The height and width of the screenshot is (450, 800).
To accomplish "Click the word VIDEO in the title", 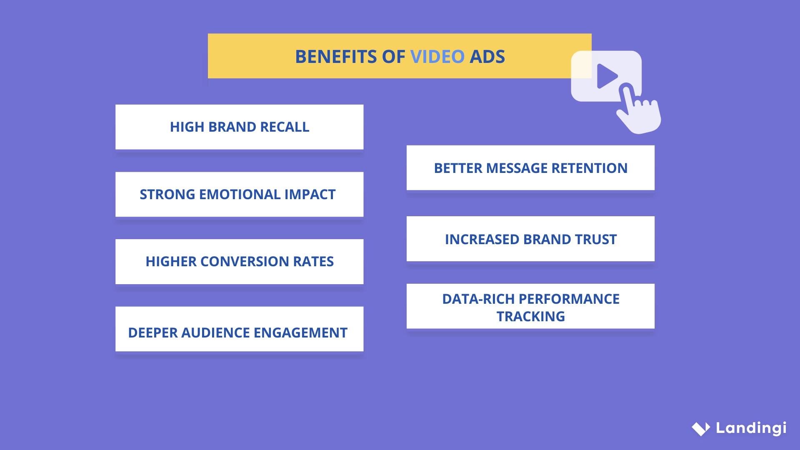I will click(437, 57).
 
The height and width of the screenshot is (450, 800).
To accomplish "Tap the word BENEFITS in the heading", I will click(335, 57).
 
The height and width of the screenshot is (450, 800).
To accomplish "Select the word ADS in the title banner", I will click(487, 57).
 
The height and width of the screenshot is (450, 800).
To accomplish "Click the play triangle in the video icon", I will click(606, 76).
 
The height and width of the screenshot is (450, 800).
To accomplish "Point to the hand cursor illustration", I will click(637, 110).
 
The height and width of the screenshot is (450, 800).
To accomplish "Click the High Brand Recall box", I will click(239, 127).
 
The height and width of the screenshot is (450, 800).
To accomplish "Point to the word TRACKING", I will click(530, 317).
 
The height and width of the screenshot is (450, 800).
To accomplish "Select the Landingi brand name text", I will click(751, 428).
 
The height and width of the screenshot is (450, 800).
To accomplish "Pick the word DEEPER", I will click(152, 333).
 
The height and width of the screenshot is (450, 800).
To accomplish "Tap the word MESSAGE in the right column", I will click(517, 168).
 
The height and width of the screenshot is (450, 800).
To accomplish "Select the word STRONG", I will click(167, 195).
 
